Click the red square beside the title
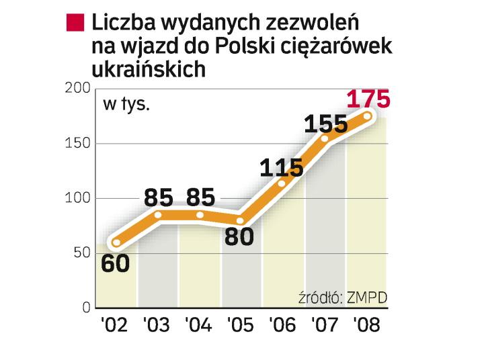[x=75, y=24]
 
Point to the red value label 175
[x=368, y=99]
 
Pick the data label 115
[x=282, y=167]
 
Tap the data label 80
[x=239, y=236]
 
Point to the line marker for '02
[x=116, y=242]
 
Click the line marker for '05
[x=241, y=220]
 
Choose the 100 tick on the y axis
[x=77, y=198]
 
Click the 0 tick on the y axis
[x=86, y=308]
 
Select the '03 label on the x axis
[x=157, y=325]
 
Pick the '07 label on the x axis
[x=325, y=325]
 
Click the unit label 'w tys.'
[x=126, y=105]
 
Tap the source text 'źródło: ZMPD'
[x=345, y=298]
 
